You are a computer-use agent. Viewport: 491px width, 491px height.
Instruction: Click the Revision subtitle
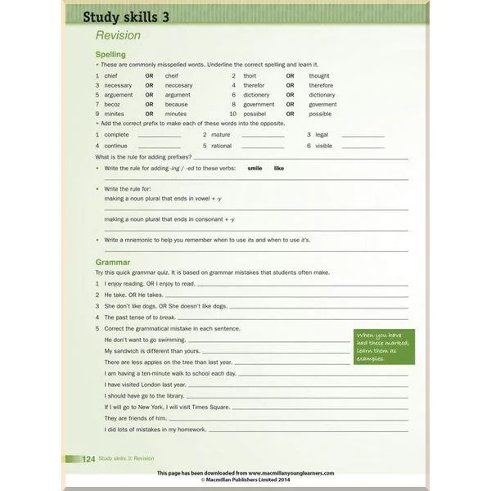[x=118, y=35]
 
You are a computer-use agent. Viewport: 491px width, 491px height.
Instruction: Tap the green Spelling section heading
[x=110, y=55]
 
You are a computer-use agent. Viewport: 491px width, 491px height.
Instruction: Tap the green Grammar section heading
[x=113, y=262]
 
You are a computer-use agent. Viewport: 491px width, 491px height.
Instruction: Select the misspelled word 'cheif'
[x=112, y=75]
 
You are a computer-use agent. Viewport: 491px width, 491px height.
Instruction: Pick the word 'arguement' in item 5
[x=119, y=95]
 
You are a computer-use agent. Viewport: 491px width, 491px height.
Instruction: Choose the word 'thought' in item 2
[x=319, y=75]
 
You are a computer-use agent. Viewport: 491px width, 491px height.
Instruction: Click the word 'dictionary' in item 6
[x=322, y=95]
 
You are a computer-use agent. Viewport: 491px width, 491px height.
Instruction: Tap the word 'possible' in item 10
[x=320, y=114]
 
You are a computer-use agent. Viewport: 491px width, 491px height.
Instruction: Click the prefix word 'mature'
[x=220, y=134]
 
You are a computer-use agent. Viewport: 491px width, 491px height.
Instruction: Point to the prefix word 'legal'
[x=322, y=134]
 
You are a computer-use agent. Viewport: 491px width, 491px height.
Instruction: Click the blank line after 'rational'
[x=263, y=146]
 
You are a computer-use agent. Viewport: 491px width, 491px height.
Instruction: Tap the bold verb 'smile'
[x=255, y=168]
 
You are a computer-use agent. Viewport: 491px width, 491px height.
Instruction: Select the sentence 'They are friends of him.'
[x=135, y=417]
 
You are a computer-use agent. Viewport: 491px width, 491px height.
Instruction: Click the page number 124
[x=89, y=459]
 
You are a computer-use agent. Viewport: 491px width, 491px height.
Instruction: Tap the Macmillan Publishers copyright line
[x=245, y=480]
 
